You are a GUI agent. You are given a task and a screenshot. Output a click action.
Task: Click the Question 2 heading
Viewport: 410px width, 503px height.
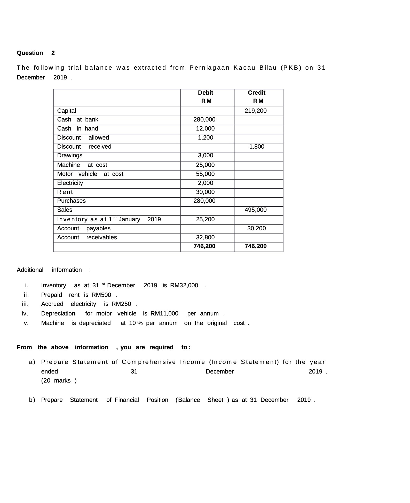point(36,53)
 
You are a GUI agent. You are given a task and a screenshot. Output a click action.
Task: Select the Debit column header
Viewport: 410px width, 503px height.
point(206,93)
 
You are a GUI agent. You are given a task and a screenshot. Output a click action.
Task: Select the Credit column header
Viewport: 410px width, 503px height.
point(256,93)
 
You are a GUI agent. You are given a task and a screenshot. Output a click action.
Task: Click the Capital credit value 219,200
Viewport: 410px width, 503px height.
point(256,111)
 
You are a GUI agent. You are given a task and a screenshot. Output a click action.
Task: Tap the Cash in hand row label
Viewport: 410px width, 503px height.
point(77,128)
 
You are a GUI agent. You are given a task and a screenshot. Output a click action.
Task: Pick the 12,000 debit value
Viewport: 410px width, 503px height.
point(205,128)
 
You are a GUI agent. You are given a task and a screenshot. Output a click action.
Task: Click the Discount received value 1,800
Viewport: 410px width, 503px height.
point(257,147)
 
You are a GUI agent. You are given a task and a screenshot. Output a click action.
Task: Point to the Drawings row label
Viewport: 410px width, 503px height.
point(70,155)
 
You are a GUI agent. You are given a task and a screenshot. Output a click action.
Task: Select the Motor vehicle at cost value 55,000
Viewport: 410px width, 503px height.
point(205,174)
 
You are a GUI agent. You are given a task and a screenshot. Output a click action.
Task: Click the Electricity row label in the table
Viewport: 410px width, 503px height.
point(70,183)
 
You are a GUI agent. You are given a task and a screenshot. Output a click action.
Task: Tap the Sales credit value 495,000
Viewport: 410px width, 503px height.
point(256,210)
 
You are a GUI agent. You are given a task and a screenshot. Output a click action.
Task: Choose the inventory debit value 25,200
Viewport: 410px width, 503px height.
point(205,219)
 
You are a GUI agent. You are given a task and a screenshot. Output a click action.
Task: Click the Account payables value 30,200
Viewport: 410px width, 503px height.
point(256,228)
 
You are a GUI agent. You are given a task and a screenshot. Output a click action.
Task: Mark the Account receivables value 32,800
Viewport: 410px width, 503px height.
point(205,237)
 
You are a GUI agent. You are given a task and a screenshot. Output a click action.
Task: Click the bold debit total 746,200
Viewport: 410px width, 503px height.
point(204,246)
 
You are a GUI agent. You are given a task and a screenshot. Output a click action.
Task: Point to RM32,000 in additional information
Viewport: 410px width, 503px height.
point(184,285)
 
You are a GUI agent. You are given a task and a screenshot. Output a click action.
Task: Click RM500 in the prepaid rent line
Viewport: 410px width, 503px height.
point(101,295)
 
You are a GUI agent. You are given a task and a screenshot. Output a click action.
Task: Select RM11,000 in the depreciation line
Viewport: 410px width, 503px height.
point(164,313)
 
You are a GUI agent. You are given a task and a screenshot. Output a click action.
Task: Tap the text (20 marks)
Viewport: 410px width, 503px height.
point(59,380)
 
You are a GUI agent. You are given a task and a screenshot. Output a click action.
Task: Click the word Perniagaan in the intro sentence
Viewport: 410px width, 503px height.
point(209,68)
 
